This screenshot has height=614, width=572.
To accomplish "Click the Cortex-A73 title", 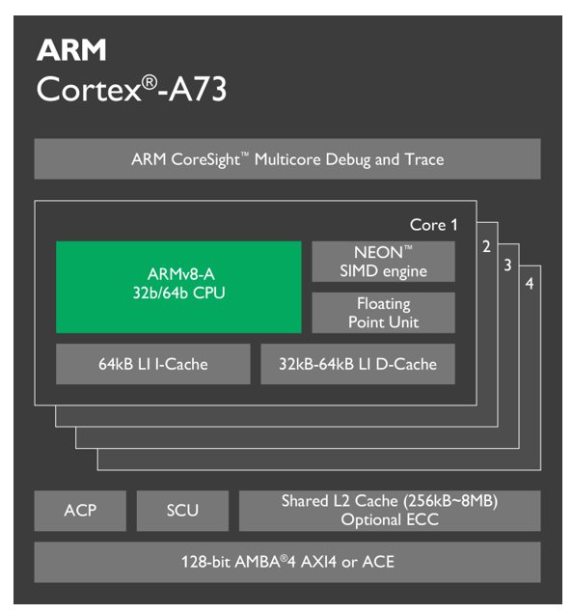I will pyautogui.click(x=131, y=89).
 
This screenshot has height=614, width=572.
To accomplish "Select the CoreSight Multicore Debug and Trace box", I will pyautogui.click(x=287, y=159).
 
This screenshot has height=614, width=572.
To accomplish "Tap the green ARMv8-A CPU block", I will pyautogui.click(x=178, y=287).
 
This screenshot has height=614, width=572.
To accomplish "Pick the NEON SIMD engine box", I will pyautogui.click(x=383, y=262).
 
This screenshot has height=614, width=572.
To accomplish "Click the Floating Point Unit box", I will pyautogui.click(x=383, y=313).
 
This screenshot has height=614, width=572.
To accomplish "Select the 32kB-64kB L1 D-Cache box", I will pyautogui.click(x=358, y=364).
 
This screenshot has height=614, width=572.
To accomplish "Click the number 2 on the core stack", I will pyautogui.click(x=486, y=247).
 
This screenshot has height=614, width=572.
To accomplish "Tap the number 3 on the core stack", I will pyautogui.click(x=507, y=265).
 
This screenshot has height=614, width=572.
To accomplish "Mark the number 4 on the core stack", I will pyautogui.click(x=530, y=284).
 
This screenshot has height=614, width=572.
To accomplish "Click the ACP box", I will pyautogui.click(x=80, y=511).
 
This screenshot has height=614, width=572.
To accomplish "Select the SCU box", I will pyautogui.click(x=182, y=511).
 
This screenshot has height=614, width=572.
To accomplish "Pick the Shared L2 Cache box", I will pyautogui.click(x=390, y=511).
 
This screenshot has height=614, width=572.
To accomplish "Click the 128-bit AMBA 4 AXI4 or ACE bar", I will pyautogui.click(x=287, y=561).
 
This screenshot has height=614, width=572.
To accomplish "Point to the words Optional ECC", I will pyautogui.click(x=390, y=520).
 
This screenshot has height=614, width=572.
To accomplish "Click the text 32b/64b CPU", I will pyautogui.click(x=178, y=293).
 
